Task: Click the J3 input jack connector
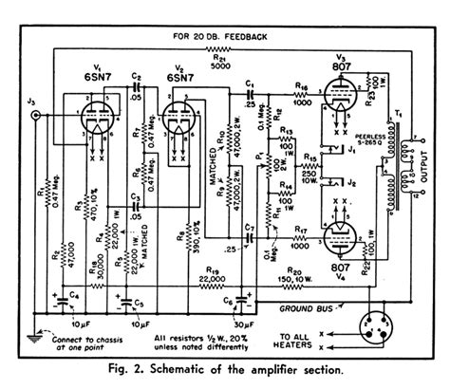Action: [37, 116]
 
